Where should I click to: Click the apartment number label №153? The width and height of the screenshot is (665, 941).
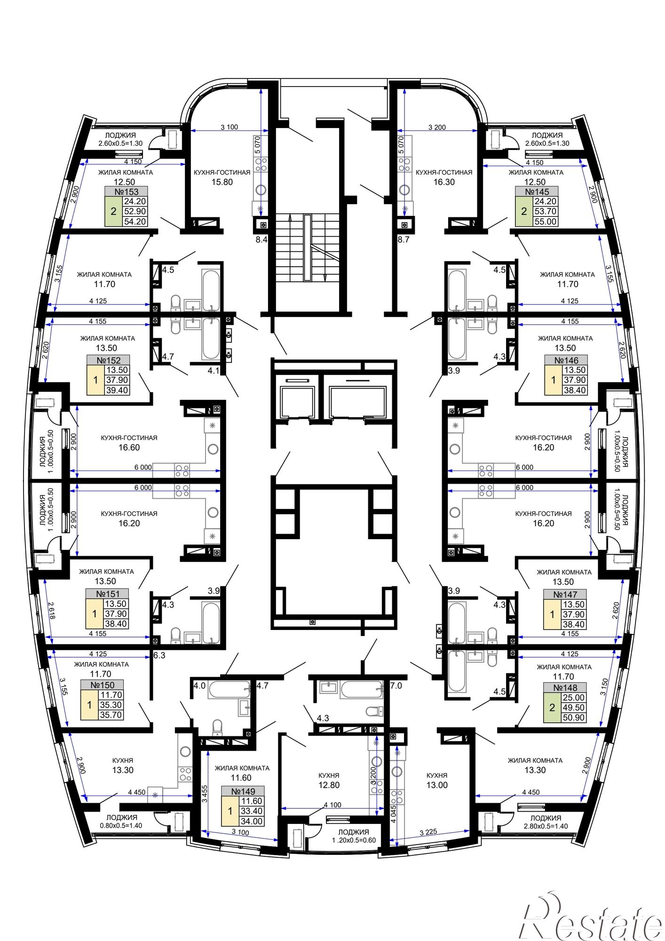point(127,192)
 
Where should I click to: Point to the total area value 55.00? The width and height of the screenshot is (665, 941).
point(546,222)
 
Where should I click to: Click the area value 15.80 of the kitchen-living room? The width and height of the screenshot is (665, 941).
point(222,182)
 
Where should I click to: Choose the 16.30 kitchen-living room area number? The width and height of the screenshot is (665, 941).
point(444,182)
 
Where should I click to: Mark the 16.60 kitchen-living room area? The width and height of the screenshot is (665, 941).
point(129,447)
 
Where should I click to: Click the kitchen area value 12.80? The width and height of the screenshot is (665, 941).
point(328,785)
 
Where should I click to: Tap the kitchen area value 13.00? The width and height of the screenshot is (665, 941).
point(437,785)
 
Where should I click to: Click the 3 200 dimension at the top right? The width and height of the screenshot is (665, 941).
point(437,127)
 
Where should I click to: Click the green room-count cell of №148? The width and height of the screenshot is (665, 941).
point(552,708)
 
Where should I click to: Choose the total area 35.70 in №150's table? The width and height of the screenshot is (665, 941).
point(111,715)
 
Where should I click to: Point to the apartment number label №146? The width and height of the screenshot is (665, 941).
point(566,360)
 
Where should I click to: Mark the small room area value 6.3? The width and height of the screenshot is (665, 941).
point(159,655)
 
